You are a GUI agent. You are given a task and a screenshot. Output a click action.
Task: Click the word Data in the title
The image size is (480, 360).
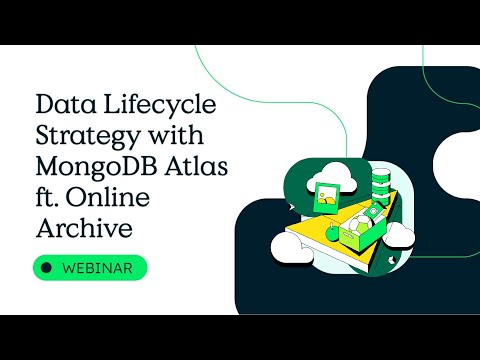[61, 102]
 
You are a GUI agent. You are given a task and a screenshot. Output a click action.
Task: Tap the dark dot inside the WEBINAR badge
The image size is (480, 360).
[45, 268]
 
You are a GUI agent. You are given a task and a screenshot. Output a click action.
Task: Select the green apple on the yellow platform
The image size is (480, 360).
[332, 233]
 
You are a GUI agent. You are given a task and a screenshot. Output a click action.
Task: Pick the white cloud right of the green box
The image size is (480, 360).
[399, 235]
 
